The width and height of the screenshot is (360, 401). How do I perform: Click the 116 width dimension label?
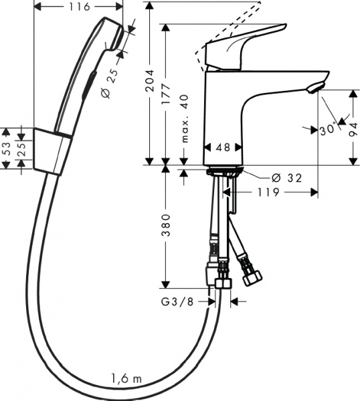tap(78, 7)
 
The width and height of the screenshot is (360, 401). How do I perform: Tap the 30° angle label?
tap(327, 130)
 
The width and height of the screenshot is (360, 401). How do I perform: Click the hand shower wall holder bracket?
tap(52, 150)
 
